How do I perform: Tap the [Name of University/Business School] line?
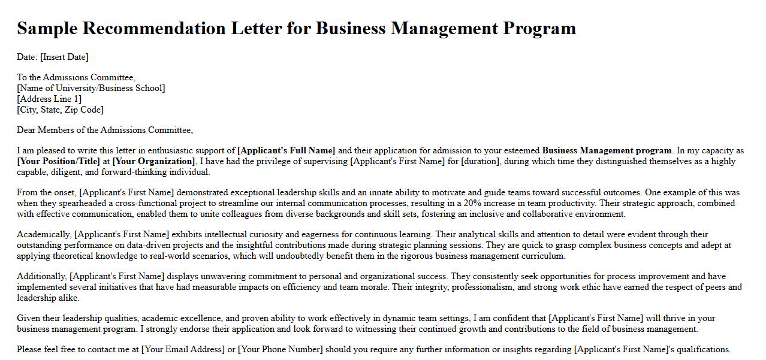point(91,88)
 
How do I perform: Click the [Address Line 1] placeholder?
point(49,99)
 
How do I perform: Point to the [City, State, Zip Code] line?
point(60,110)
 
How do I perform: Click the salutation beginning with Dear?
point(105,130)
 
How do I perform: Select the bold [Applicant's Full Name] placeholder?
point(287,150)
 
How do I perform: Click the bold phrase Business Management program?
point(607,150)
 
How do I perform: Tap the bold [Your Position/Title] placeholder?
point(58,161)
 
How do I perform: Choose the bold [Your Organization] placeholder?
point(154,161)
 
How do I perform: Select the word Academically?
point(44,234)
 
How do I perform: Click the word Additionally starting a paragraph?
point(41,276)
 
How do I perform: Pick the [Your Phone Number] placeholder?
point(280,349)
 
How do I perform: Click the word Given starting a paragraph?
point(29,318)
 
